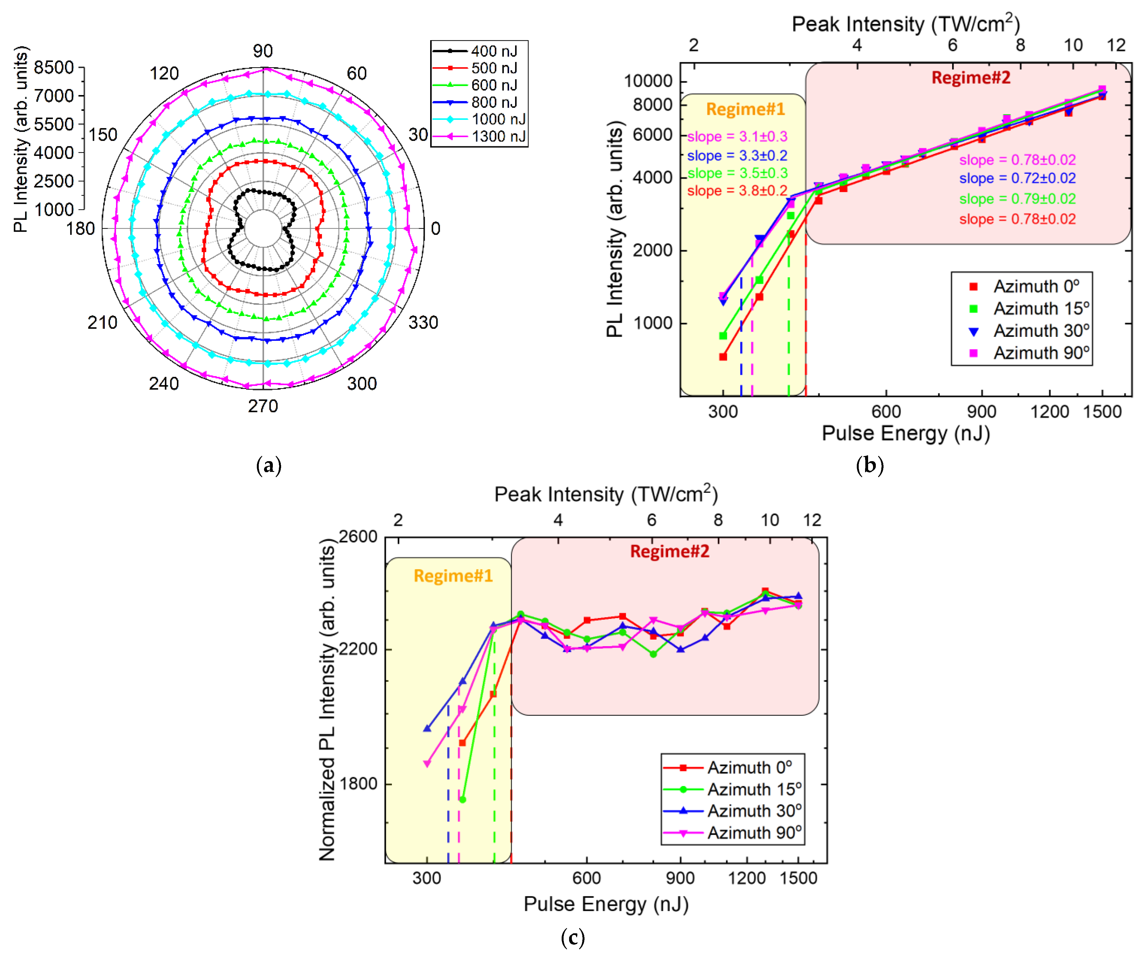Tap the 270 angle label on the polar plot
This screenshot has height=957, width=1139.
coord(263,406)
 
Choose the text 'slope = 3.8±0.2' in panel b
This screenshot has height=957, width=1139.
coord(737,190)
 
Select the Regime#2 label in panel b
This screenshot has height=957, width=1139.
coord(971,78)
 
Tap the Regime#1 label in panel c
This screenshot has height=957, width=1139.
coord(453,576)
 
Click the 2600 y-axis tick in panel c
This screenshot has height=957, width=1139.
coord(358,537)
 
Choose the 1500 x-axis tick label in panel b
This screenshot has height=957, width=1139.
coord(1102,412)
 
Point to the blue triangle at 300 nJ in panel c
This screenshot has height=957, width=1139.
coord(427,729)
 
